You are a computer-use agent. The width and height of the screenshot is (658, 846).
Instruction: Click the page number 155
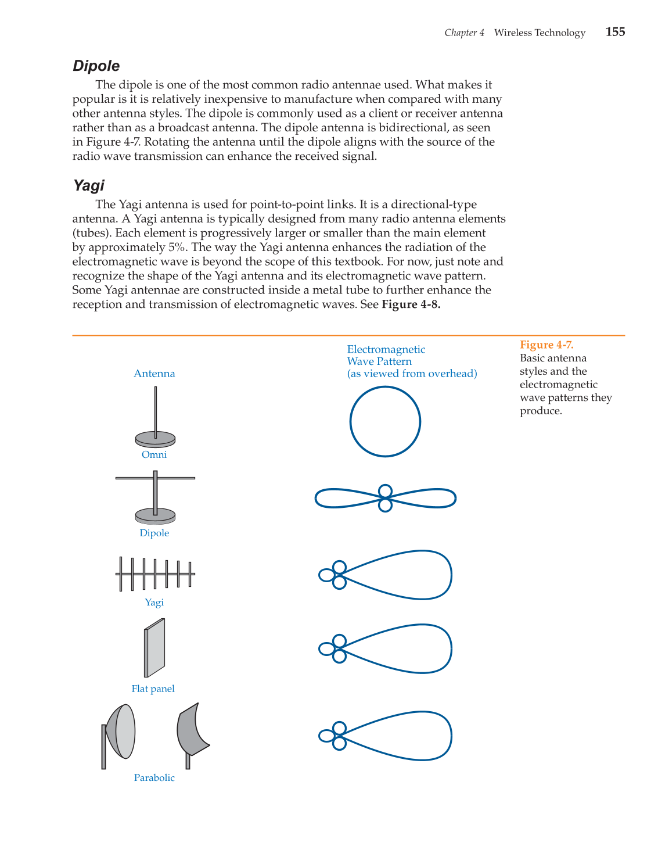pyautogui.click(x=615, y=32)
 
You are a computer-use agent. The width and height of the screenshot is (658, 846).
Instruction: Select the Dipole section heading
pyautogui.click(x=96, y=66)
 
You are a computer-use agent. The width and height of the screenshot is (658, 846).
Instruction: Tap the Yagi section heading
pyautogui.click(x=89, y=185)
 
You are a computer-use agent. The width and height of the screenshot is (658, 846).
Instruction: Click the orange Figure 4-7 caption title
pyautogui.click(x=546, y=345)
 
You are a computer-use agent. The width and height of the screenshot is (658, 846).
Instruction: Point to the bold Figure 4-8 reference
pyautogui.click(x=411, y=304)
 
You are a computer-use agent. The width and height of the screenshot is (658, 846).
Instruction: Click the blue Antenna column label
pyautogui.click(x=154, y=374)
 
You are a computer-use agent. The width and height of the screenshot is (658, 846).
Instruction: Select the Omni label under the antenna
pyautogui.click(x=154, y=454)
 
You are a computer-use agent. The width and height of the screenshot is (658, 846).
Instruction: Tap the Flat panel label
pyautogui.click(x=153, y=689)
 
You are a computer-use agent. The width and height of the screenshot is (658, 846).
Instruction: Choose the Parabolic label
pyautogui.click(x=154, y=777)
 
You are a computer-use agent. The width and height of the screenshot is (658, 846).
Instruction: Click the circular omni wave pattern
pyautogui.click(x=385, y=421)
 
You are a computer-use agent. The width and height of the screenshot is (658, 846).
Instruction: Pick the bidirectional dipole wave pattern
pyautogui.click(x=385, y=498)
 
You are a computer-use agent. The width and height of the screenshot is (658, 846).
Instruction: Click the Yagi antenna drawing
pyautogui.click(x=155, y=574)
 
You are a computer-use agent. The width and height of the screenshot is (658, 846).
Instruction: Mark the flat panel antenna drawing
pyautogui.click(x=154, y=648)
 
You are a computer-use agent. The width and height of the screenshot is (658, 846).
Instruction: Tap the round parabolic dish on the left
pyautogui.click(x=122, y=732)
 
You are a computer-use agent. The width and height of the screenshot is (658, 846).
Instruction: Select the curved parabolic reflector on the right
pyautogui.click(x=192, y=730)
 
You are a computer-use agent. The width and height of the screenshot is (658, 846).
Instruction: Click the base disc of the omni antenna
pyautogui.click(x=155, y=439)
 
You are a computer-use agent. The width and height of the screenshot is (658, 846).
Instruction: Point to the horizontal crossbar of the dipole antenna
pyautogui.click(x=174, y=478)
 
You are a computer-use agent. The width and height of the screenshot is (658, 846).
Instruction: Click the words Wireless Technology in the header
pyautogui.click(x=540, y=33)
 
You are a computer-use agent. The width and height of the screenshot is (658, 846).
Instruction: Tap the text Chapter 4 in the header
pyautogui.click(x=464, y=33)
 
